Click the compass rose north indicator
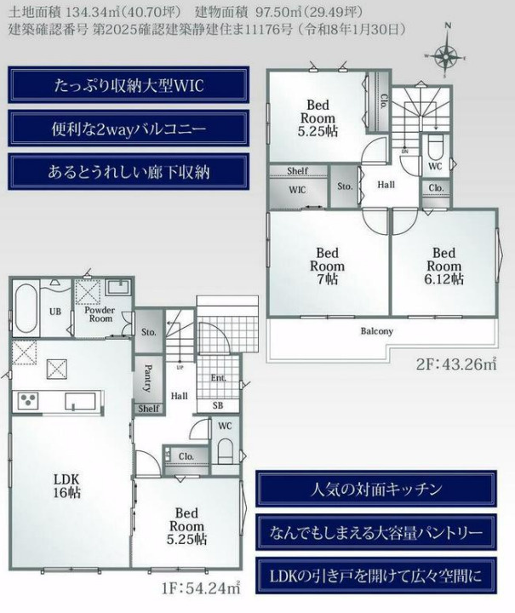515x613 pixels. point(445,54)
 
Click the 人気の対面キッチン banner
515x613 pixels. point(375,489)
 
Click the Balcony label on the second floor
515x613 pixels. point(376,331)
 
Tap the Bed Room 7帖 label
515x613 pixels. point(327,266)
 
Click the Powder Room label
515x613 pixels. point(99,314)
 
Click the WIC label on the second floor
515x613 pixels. point(297,190)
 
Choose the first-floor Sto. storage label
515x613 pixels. point(148,331)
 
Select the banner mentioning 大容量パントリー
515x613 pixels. point(375,533)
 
